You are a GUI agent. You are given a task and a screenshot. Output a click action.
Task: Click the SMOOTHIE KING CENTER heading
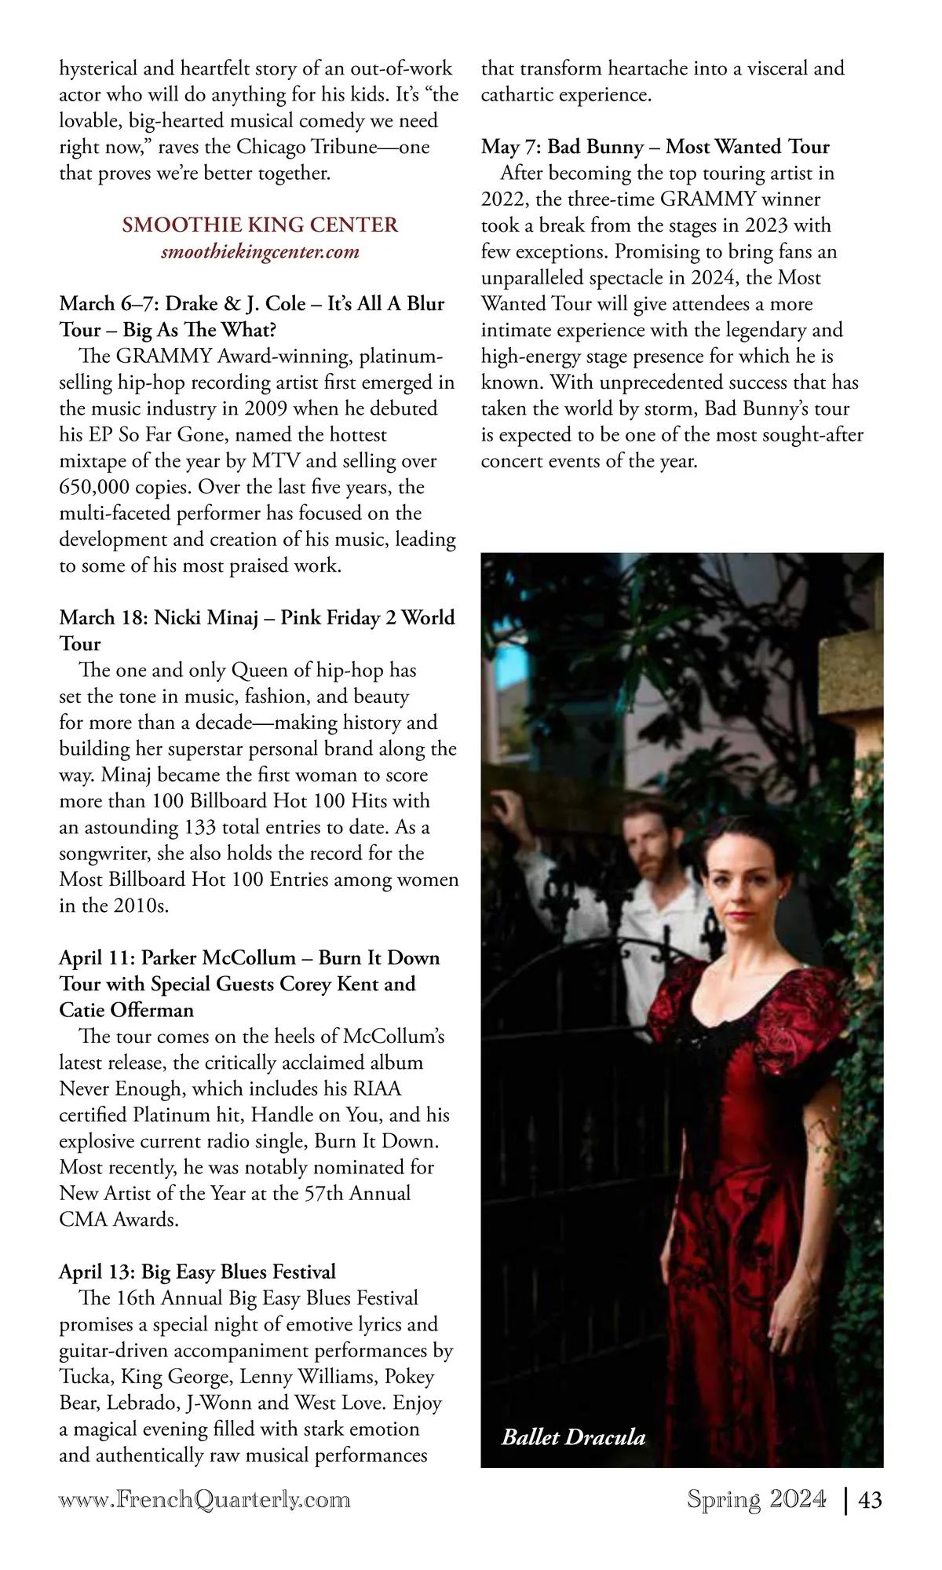pos(260,225)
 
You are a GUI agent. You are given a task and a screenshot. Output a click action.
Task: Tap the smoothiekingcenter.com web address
pos(260,252)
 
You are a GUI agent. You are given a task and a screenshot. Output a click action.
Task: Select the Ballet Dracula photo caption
pos(573,1437)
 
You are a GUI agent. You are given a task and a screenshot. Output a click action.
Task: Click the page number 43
pos(871,1500)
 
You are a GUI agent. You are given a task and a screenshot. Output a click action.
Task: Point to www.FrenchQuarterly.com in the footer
pos(204,1500)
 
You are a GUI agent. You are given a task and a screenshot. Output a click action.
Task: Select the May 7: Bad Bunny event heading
pos(655,147)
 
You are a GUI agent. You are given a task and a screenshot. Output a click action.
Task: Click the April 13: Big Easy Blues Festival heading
pos(197,1272)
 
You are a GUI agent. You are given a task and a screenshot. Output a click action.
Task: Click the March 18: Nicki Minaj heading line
pos(257,618)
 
